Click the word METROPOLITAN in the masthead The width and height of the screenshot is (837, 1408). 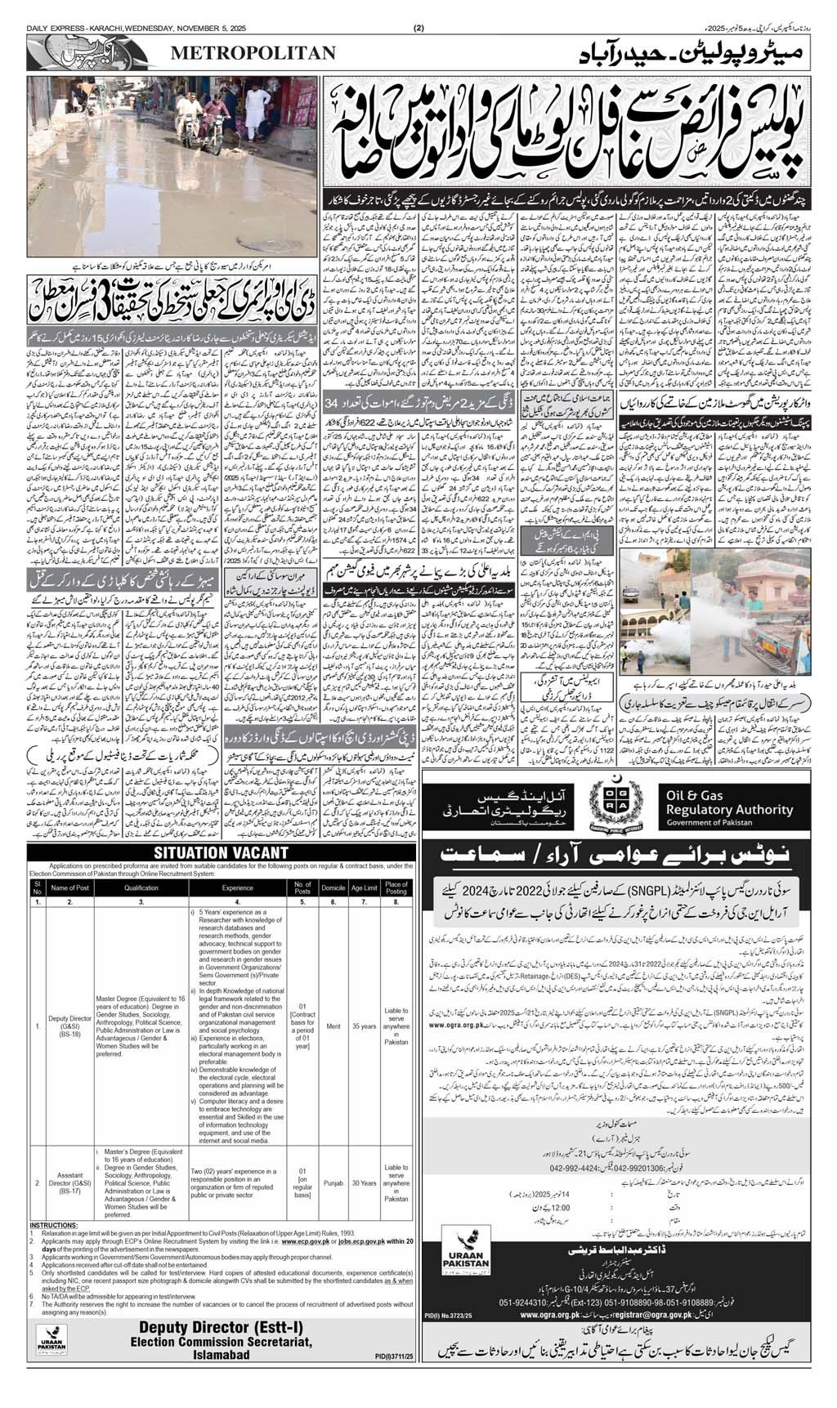click(253, 53)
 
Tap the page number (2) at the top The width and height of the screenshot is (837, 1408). click(418, 7)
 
